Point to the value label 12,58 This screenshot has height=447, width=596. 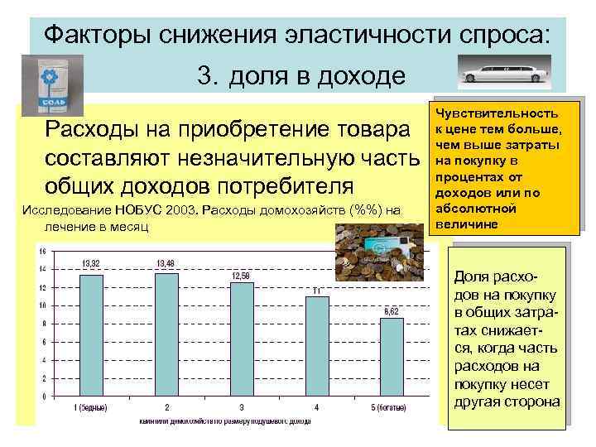(x=241, y=275)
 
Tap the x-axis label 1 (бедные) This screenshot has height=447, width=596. (x=92, y=408)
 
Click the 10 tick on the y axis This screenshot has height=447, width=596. (x=42, y=305)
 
